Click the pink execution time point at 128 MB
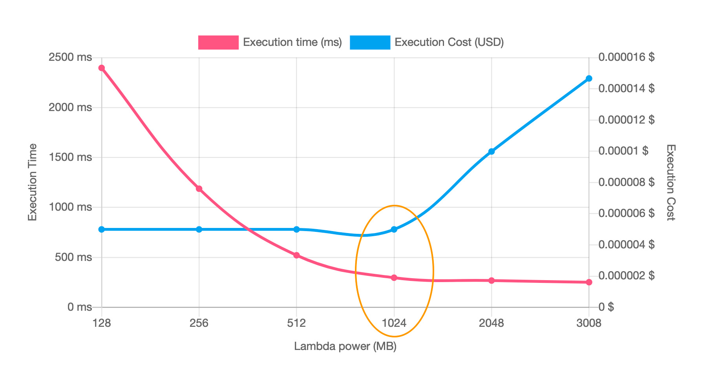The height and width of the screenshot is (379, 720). coord(101,68)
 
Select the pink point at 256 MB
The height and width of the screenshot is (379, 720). coord(199,189)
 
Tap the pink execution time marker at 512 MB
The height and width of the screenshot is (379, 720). coord(296,255)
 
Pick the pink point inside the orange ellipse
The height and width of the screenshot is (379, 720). coord(394,278)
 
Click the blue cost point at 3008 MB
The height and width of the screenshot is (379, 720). coord(589,78)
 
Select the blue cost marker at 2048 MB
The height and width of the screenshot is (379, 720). coord(492,151)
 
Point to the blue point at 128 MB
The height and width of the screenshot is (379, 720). coord(101,229)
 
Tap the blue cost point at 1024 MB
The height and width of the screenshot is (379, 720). coord(394,229)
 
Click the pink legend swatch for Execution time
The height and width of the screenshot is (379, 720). coord(218,42)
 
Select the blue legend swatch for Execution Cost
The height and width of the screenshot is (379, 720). coord(370,42)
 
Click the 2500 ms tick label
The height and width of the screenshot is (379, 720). coord(70,57)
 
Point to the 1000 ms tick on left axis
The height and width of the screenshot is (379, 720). coord(70,207)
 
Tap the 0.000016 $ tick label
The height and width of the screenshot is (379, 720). coord(627,57)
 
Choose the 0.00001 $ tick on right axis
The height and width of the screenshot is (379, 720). coord(623,151)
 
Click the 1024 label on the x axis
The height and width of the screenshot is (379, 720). coord(394,323)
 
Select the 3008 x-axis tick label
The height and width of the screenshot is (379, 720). coord(589,323)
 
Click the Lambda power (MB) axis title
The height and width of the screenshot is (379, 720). coord(345,346)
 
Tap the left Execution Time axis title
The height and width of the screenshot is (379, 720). coord(33,182)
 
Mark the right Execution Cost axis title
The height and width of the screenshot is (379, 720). coord(671,182)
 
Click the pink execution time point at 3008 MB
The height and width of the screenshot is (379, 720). coord(589,282)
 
